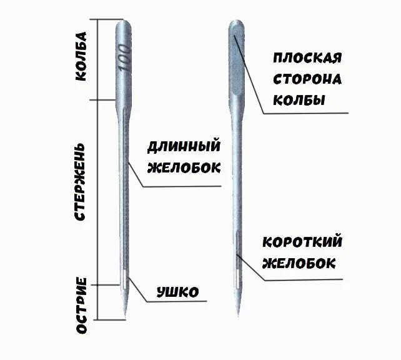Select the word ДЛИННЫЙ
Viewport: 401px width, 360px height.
184,147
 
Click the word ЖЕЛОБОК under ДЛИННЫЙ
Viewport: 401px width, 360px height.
184,167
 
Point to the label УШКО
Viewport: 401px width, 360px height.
178,291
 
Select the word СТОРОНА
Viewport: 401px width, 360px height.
307,79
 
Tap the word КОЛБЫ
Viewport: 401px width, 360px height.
299,100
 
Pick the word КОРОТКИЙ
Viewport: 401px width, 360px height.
303,242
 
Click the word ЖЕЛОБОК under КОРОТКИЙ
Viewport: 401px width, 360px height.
299,262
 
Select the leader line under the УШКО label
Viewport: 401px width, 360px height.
178,302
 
